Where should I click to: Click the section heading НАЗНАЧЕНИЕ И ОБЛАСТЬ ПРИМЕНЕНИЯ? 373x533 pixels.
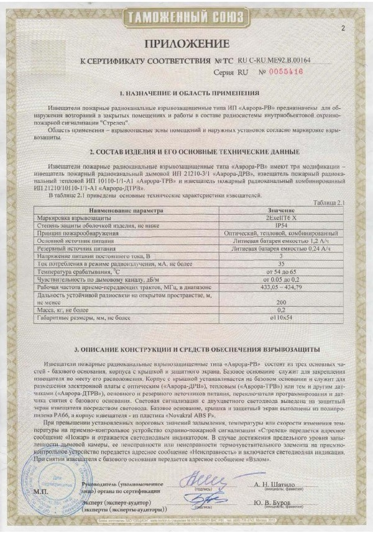click(x=186, y=93)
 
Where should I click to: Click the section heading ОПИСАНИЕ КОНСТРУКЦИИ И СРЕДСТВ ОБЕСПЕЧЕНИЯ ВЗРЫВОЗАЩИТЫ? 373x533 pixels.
click(x=186, y=349)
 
